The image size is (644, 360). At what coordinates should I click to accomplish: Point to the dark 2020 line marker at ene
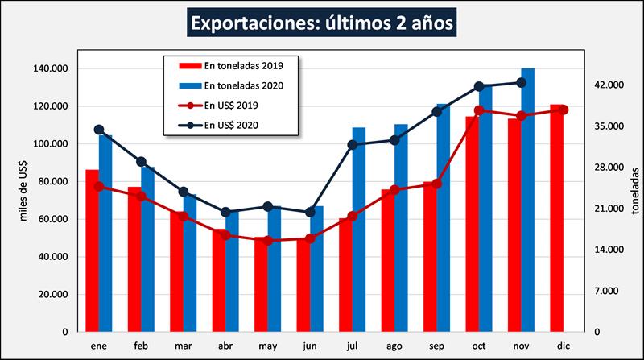pyautogui.click(x=99, y=130)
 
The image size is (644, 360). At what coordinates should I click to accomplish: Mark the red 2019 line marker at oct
pyautogui.click(x=479, y=110)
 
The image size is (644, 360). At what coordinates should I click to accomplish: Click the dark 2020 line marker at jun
pyautogui.click(x=310, y=212)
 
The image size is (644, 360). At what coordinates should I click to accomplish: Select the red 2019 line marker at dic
pyautogui.click(x=563, y=110)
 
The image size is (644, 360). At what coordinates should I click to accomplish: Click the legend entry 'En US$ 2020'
pyautogui.click(x=230, y=125)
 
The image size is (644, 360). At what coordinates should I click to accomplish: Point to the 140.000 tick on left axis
pyautogui.click(x=51, y=69)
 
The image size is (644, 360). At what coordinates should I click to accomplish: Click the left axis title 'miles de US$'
pyautogui.click(x=23, y=191)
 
